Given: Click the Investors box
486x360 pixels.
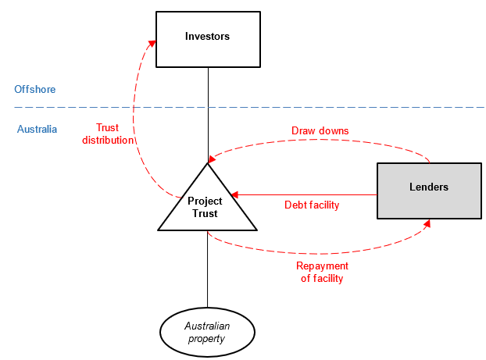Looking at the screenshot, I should point(208,38).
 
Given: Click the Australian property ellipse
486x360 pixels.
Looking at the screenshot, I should point(207,333).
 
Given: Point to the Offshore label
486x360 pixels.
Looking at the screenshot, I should point(35,90).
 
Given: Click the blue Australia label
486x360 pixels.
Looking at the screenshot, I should point(38,130).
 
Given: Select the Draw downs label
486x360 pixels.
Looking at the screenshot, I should point(320,130).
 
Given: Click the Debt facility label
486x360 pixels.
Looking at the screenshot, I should point(312,205).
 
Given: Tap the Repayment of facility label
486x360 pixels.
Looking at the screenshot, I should point(322,273).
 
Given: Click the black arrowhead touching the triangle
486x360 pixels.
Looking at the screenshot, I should point(234,194).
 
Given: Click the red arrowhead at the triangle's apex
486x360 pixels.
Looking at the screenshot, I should point(211,159).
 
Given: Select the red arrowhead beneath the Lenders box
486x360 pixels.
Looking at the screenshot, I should point(427,223).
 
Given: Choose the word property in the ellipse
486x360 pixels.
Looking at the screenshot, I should point(207,339).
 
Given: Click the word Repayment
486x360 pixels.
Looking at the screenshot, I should point(322,266).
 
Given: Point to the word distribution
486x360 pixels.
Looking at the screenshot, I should point(109,141).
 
